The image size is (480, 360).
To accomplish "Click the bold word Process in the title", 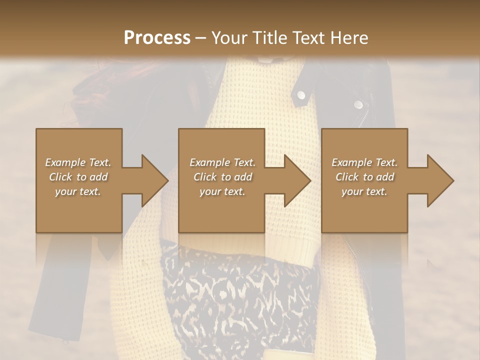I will tap(157, 38).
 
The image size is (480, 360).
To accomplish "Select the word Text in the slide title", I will tap(310, 38).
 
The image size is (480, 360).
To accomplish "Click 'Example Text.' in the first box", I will tap(78, 162).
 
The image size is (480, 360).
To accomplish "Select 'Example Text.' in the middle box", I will tap(222, 162).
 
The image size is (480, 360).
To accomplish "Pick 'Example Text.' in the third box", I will tap(364, 162).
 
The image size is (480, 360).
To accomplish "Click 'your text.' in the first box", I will tap(78, 191).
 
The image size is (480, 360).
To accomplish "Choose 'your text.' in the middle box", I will tap(222, 191).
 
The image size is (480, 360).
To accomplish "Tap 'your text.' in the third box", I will tap(364, 191).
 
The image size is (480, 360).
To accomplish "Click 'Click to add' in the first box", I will tap(78, 177).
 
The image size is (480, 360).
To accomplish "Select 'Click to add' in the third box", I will tap(364, 177).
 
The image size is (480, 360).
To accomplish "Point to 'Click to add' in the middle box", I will tap(222, 177).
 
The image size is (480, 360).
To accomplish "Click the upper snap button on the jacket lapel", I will tap(301, 94).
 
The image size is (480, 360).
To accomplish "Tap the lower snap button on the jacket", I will tap(358, 104).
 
